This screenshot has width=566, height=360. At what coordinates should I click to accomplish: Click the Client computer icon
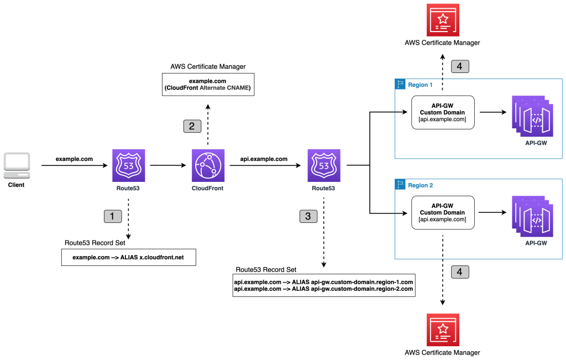(16, 165)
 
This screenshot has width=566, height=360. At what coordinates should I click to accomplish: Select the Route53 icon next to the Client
(128, 165)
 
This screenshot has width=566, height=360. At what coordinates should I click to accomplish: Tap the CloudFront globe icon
(208, 165)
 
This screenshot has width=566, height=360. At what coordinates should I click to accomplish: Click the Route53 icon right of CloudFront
(324, 165)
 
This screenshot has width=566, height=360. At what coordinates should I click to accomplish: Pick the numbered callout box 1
(113, 216)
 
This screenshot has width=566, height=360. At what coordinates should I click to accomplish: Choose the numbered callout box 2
(192, 126)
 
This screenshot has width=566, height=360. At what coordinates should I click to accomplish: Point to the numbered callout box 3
(308, 216)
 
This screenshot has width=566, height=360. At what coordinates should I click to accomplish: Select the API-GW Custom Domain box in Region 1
(443, 112)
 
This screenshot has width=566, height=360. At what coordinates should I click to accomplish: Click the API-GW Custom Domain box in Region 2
(443, 212)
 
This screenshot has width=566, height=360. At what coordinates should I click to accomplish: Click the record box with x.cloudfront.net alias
(128, 258)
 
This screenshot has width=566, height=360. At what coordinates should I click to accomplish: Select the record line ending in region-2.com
(323, 289)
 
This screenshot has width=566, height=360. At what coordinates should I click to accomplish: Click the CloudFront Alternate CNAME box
(208, 85)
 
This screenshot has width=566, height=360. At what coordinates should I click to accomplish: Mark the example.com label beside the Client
(74, 159)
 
